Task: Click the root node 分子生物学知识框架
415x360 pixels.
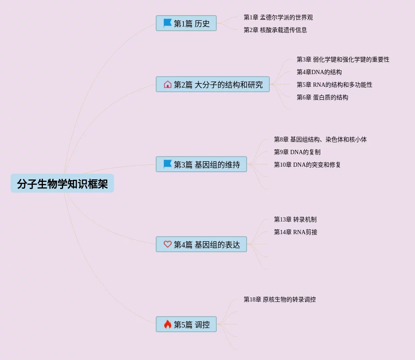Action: pos(62,184)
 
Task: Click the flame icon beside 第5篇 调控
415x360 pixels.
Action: pos(168,324)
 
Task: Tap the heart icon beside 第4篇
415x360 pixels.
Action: pos(168,244)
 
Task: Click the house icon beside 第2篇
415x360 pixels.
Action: pos(168,84)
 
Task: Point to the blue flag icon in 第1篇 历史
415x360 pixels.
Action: pos(168,23)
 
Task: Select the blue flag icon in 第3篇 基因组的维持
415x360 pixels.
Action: pos(168,164)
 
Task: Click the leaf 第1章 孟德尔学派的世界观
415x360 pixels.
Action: pos(278,18)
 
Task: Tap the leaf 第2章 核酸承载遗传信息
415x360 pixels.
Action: pos(275,30)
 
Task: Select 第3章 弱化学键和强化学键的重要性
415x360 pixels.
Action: pos(343,60)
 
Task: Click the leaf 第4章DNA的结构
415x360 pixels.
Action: pos(319,72)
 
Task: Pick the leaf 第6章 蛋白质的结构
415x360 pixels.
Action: pos(322,98)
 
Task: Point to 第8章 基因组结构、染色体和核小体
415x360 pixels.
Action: pos(320,139)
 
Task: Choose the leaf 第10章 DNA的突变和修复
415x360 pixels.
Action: pos(307,165)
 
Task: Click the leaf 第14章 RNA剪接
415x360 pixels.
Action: pos(295,232)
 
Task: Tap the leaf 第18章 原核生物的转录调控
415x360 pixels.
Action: pos(279,300)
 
